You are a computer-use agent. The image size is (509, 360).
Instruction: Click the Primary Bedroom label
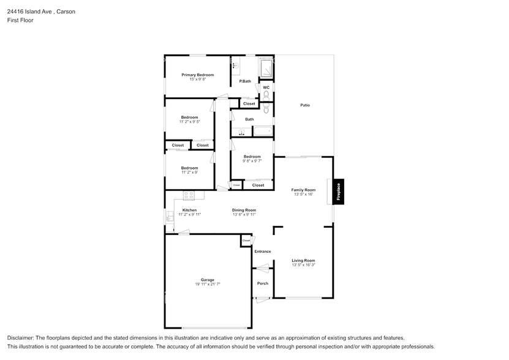pos(197,75)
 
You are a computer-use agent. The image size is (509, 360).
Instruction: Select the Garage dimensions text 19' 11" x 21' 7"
pos(208,284)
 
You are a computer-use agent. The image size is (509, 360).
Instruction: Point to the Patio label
pos(304,105)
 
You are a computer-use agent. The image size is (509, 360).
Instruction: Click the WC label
pos(266,88)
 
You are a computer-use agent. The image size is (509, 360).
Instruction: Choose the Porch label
pos(262,283)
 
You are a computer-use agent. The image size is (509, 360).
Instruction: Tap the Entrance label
pos(262,252)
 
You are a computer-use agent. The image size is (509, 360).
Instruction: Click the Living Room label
pos(303,260)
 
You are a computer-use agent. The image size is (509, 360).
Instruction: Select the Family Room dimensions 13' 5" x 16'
pos(303,194)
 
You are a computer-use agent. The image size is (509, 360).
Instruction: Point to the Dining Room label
pos(244,210)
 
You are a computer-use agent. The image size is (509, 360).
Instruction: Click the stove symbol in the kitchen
pos(189,195)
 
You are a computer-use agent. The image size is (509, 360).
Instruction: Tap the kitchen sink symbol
pos(170,216)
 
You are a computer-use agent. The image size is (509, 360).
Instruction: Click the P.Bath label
pos(245,81)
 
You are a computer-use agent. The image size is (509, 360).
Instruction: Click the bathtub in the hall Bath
pos(263,132)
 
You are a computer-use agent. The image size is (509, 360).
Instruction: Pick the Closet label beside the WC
pos(249,103)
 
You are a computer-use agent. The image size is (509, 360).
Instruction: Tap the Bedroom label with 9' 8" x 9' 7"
pos(252,156)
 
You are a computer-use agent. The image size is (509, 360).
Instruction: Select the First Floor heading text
pos(20,20)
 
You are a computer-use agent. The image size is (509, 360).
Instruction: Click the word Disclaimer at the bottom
pos(21,338)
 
